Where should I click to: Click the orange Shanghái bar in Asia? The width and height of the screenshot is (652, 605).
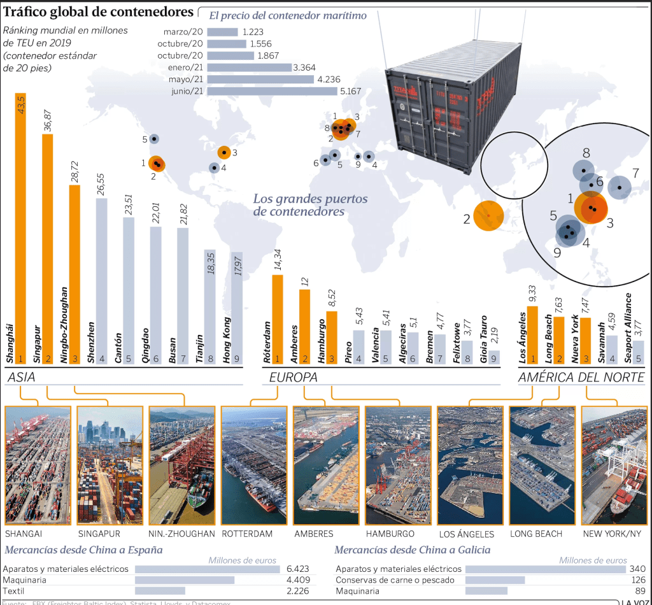click(x=21, y=229)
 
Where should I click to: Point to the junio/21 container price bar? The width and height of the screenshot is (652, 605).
click(x=272, y=91)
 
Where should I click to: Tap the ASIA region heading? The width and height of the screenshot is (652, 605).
click(x=21, y=378)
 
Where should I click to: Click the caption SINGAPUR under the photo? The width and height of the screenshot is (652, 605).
click(x=99, y=534)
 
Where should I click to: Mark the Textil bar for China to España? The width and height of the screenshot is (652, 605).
click(x=160, y=590)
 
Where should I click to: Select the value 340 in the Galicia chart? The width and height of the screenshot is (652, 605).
click(x=637, y=569)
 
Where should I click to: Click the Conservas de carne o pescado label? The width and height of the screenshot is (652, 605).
click(x=395, y=580)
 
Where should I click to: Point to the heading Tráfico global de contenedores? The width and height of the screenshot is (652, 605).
click(x=99, y=12)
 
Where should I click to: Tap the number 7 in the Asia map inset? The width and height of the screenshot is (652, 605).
click(x=635, y=173)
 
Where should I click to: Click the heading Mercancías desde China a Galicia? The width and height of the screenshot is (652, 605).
click(x=412, y=550)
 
